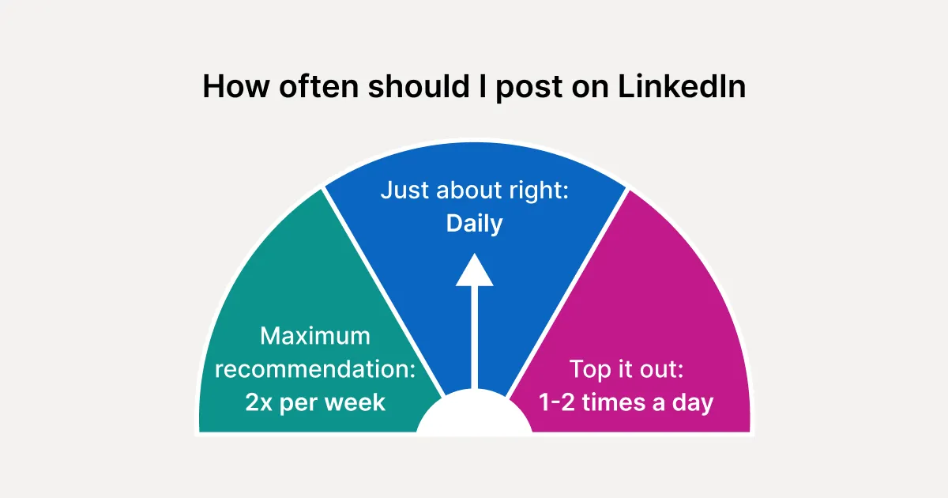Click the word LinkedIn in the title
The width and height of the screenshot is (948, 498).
point(681,86)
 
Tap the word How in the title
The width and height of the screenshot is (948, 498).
point(236,86)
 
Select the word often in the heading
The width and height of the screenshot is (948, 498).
point(318,86)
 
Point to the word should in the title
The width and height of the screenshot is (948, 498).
point(419,86)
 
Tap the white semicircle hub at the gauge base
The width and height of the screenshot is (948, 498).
point(475,412)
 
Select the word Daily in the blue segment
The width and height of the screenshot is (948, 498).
point(475,224)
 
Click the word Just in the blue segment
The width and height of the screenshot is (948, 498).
point(405,190)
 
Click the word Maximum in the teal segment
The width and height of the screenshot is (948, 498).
point(315,336)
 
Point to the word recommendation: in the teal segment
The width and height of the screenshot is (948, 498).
point(315,369)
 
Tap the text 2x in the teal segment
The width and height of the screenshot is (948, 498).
point(258,402)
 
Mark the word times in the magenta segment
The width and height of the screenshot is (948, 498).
point(614,402)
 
